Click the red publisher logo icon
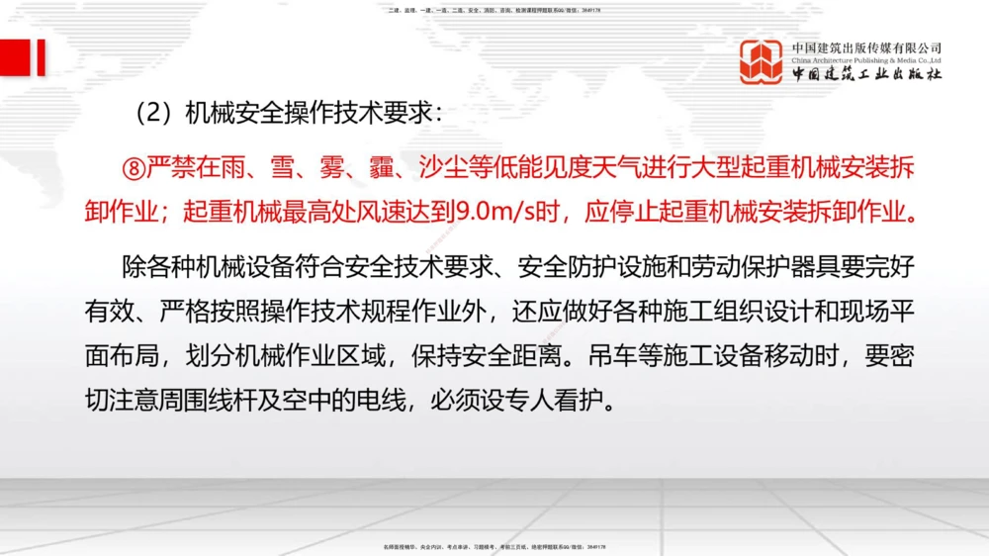coord(762,61)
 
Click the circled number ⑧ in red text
coord(133,168)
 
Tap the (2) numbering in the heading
coord(152,113)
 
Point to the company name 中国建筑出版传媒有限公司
coord(866,47)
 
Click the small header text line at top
coord(494,10)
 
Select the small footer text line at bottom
coord(494,546)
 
